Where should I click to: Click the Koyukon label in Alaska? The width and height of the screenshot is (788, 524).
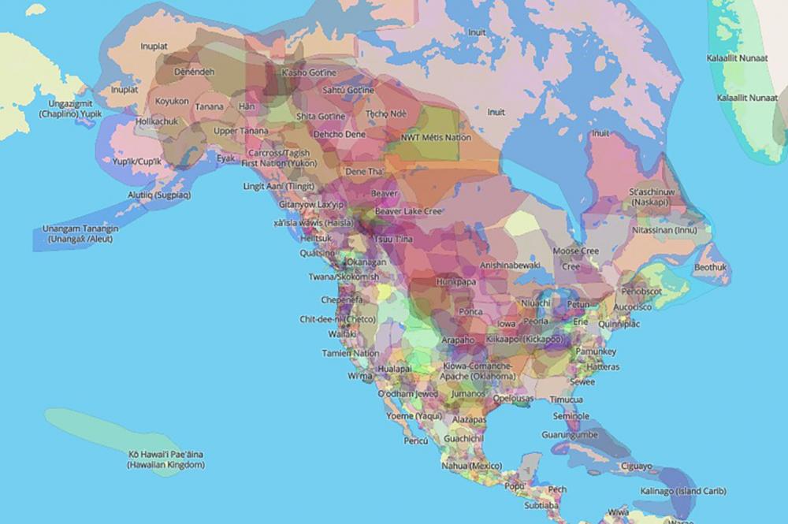tap(171, 102)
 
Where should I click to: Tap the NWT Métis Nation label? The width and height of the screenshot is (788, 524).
tap(436, 137)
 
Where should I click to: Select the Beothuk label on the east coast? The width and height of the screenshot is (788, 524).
tap(712, 268)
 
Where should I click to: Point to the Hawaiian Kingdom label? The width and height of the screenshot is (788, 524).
tap(166, 460)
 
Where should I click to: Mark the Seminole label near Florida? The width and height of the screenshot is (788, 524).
tap(571, 416)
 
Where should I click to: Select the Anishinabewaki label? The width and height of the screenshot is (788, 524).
tap(510, 266)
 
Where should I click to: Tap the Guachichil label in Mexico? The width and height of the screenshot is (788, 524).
tap(463, 438)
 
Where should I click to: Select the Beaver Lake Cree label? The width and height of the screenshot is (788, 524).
tap(409, 212)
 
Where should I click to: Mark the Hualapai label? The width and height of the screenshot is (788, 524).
tap(395, 368)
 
